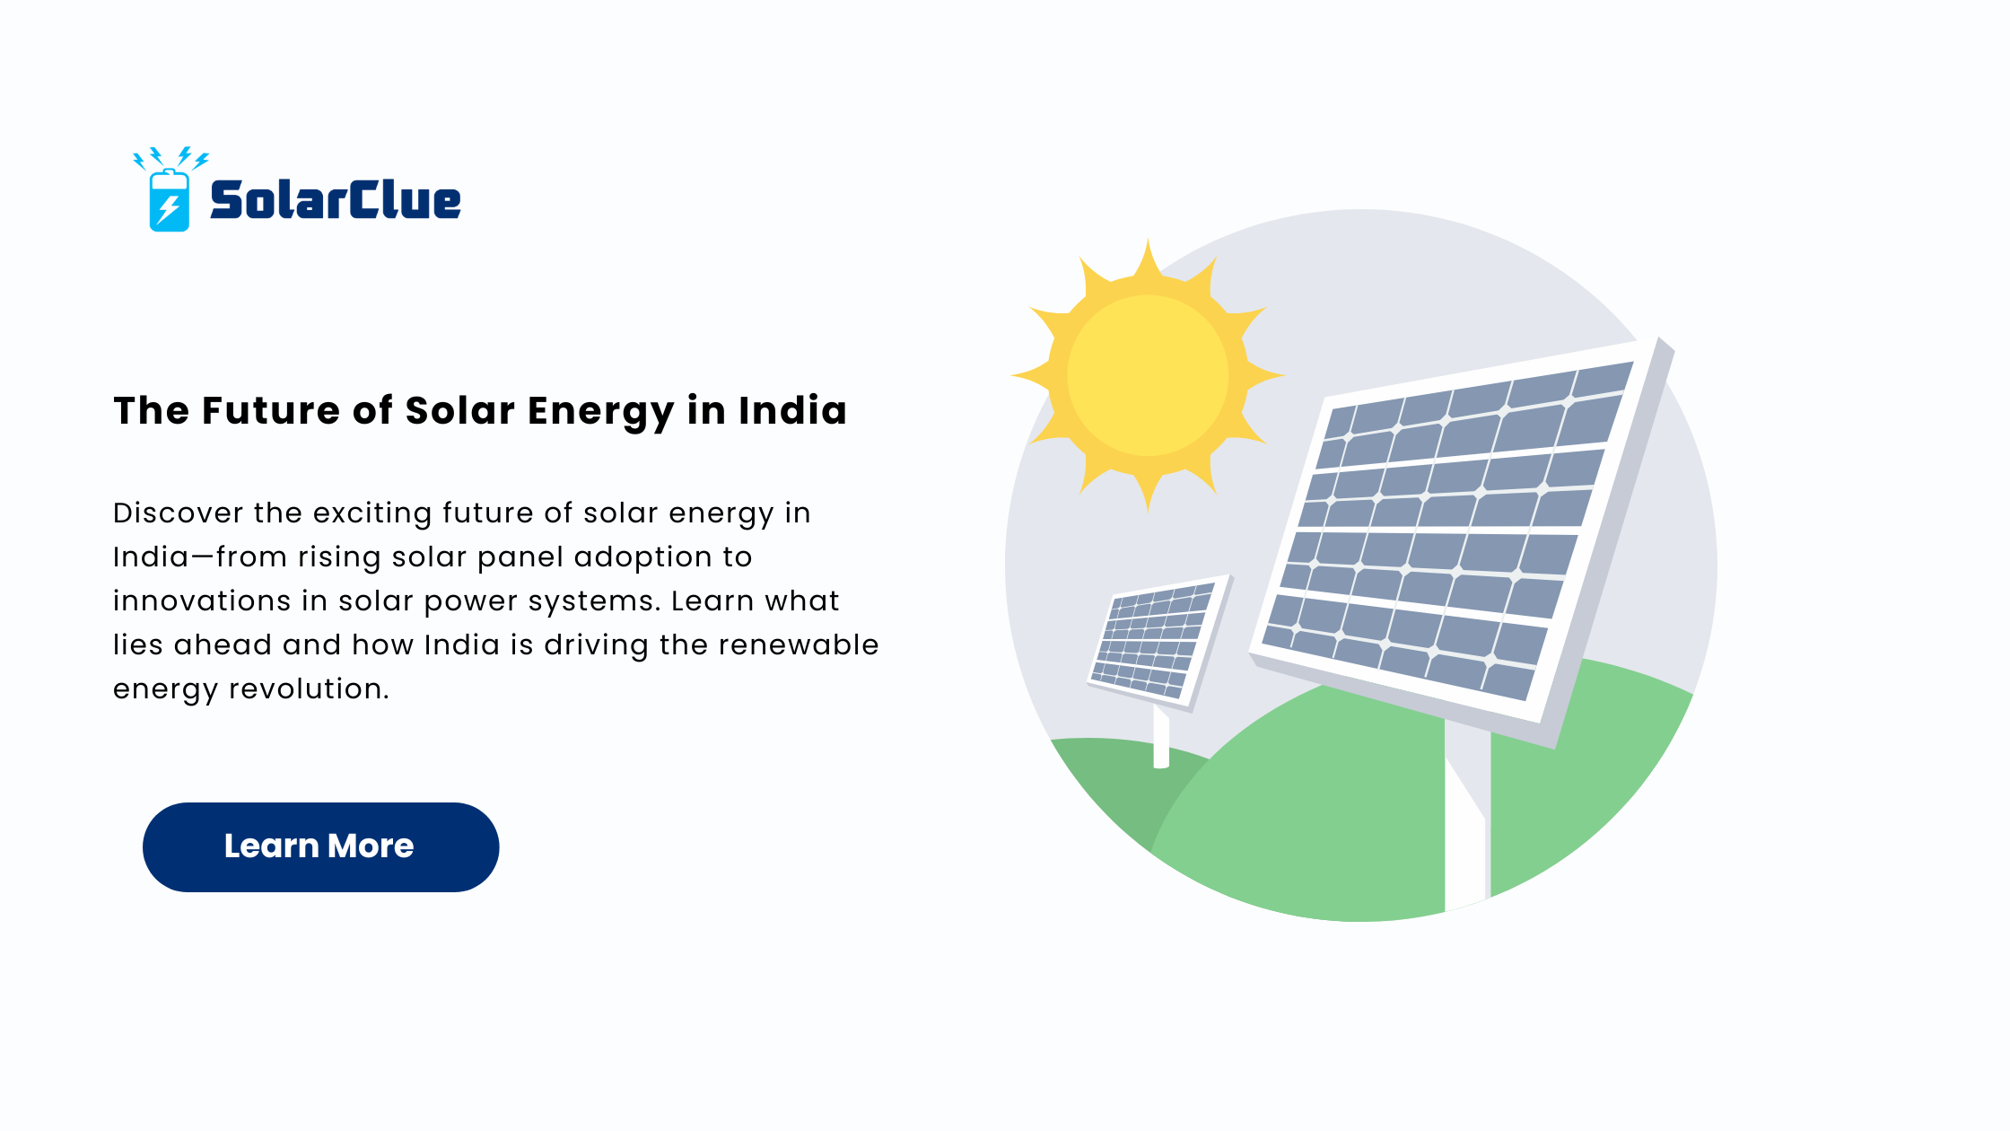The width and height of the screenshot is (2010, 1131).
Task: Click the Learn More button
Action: coord(320,846)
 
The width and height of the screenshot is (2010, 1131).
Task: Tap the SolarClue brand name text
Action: coord(336,199)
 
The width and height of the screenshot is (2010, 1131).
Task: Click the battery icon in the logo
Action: coord(169,200)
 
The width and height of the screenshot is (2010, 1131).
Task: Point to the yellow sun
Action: coord(1148,375)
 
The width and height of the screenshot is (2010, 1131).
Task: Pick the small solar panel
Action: coord(1160,641)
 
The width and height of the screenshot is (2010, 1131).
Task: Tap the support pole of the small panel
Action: coord(1161,736)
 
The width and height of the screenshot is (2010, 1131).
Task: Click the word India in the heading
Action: coord(793,410)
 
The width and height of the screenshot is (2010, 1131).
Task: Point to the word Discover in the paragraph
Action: coord(179,513)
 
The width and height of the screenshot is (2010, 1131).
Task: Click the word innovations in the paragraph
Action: coord(202,601)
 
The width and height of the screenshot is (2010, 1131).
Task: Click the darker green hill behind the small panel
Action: coord(1122,781)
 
